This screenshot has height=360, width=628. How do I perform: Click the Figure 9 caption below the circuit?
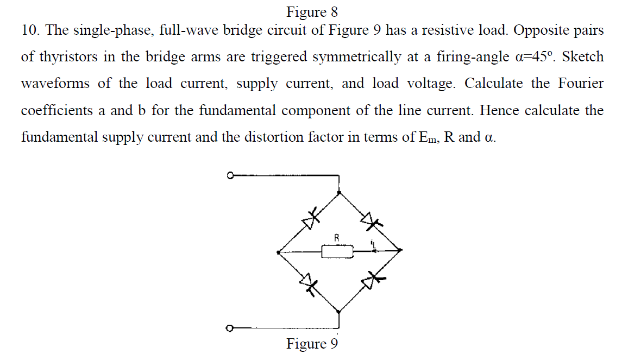312,344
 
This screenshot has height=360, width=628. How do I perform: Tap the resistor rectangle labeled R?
337,251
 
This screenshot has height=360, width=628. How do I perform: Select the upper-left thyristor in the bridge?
310,219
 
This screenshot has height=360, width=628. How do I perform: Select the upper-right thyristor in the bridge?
371,220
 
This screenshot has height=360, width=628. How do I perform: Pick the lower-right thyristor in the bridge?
372,281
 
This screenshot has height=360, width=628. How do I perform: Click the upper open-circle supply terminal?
230,176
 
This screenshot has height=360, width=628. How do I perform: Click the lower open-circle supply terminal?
230,328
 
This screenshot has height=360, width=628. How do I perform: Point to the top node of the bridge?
339,192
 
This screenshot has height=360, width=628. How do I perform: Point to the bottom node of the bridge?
339,312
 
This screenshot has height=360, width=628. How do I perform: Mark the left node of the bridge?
278,252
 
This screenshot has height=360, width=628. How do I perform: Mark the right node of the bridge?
400,250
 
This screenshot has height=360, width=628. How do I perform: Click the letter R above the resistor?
337,237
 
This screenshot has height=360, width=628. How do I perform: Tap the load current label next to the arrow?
373,243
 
